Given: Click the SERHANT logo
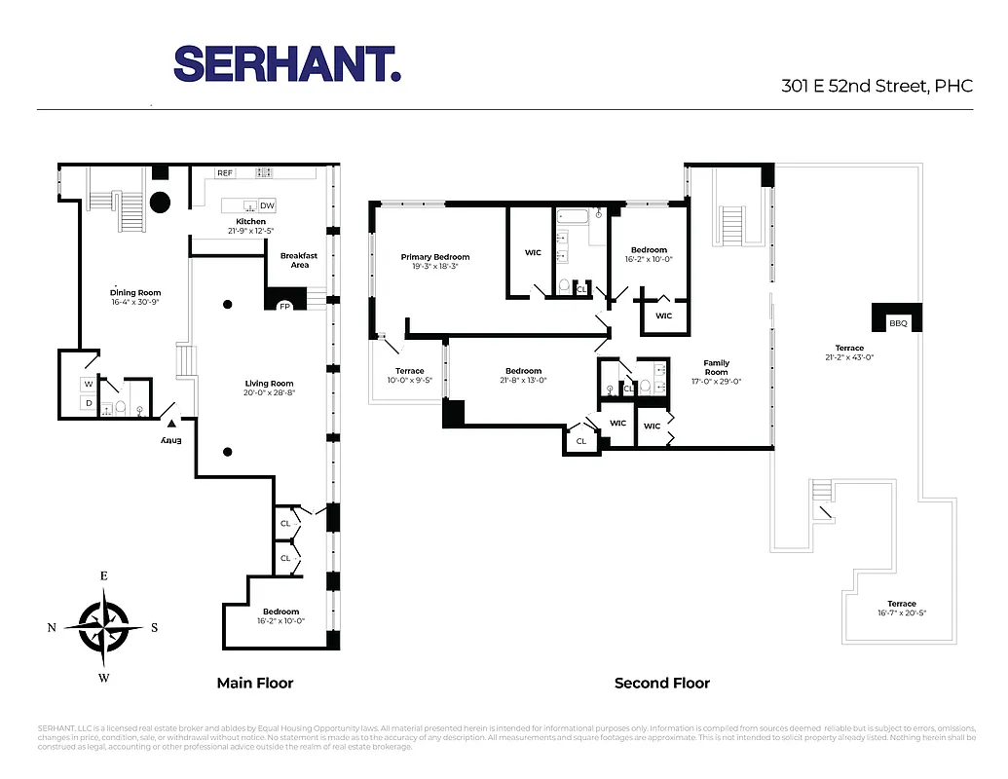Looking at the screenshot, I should tap(287, 64).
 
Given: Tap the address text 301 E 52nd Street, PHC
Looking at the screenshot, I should tap(877, 86).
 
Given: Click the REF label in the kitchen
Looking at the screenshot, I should tap(225, 173).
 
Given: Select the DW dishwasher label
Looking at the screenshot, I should tap(267, 205).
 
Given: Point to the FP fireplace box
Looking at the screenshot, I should tap(285, 306).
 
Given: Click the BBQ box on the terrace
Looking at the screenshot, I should tap(897, 322).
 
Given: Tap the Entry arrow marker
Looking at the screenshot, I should tap(171, 423).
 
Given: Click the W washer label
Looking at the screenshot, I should tap(88, 383).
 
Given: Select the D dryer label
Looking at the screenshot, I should tap(88, 403).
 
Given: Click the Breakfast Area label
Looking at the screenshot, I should tap(299, 260).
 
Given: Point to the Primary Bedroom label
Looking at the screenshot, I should tap(435, 257).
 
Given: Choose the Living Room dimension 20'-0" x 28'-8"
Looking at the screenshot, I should tap(270, 393).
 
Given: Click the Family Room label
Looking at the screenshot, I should tap(716, 367).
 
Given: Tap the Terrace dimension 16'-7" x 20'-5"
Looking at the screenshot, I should tap(902, 613).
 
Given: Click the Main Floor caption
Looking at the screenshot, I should tap(255, 684).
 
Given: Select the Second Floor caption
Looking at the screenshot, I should tap(662, 684).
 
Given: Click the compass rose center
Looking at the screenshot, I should tap(103, 627).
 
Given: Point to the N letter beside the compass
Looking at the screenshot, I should tap(52, 628).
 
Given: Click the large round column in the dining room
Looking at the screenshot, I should tap(159, 203).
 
